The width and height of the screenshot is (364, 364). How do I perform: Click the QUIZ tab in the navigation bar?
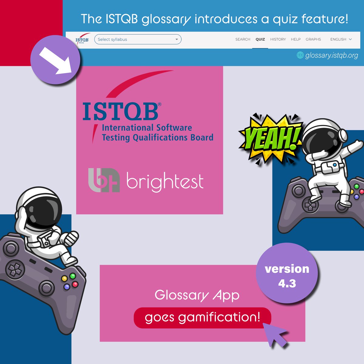coord(260,39)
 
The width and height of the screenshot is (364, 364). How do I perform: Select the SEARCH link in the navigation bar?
coord(243,39)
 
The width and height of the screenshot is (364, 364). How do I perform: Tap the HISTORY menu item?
coord(278,39)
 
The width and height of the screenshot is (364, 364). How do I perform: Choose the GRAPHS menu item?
coord(313,39)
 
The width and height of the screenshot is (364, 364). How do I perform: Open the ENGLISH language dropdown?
coord(341,39)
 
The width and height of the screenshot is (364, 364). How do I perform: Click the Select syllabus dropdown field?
coord(138,39)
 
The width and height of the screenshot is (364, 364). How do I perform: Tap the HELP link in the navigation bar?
coord(296,39)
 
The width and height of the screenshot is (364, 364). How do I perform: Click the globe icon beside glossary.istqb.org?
coord(300,55)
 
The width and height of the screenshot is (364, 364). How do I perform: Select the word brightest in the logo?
coord(165,181)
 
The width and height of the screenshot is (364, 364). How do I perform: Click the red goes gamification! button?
coord(202,318)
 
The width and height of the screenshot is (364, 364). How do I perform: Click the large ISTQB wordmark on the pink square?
coord(120,111)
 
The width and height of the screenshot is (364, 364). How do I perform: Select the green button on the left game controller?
coord(72,276)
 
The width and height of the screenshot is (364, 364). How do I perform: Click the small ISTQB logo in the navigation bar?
coord(82,40)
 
